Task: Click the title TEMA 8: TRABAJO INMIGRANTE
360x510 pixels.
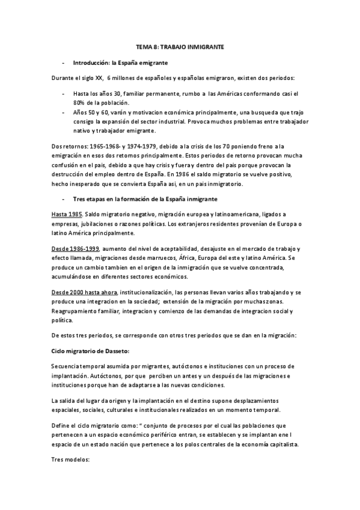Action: pos(180,47)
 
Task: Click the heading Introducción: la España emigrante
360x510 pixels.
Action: pos(120,63)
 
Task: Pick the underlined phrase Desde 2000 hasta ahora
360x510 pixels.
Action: pos(85,291)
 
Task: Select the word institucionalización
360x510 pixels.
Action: pos(147,291)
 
